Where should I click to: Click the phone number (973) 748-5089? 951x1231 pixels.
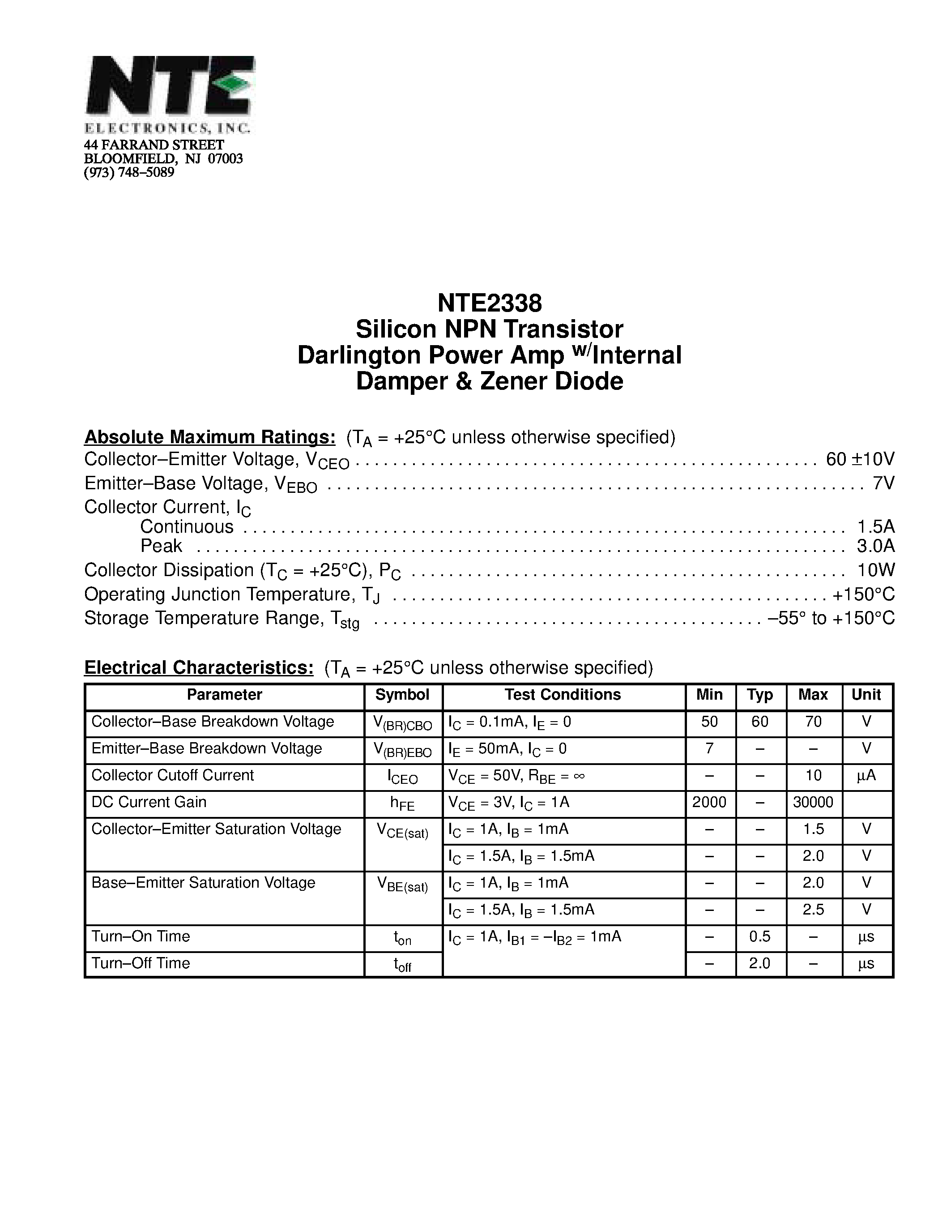coord(129,172)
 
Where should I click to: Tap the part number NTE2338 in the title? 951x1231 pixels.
coord(489,303)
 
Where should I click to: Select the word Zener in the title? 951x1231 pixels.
coord(514,381)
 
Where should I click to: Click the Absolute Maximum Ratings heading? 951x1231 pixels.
coord(209,437)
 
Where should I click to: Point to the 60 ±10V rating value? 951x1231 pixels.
coord(860,459)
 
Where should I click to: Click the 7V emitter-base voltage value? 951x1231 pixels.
coord(883,483)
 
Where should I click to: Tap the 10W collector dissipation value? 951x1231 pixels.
coord(875,570)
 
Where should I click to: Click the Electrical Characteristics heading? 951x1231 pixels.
coord(198,667)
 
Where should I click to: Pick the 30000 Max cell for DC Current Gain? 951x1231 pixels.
coord(812,802)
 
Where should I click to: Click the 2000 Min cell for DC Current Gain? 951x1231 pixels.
coord(709,802)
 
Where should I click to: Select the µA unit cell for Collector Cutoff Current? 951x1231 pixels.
coord(866,776)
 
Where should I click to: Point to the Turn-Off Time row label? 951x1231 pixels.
coord(141,963)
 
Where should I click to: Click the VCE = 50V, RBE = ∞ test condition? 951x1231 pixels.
coord(516,776)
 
